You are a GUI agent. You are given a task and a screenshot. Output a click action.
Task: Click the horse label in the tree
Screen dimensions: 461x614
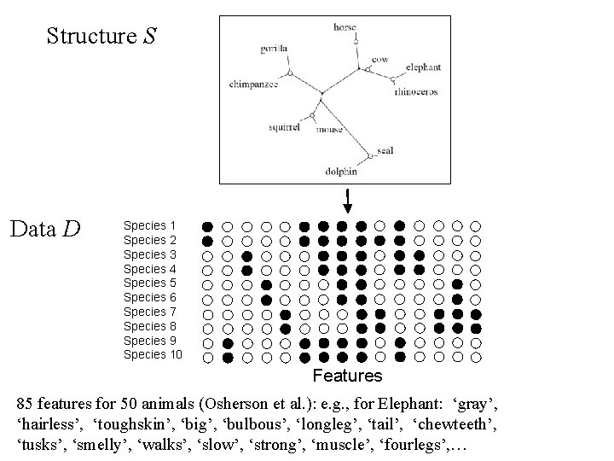click(345, 28)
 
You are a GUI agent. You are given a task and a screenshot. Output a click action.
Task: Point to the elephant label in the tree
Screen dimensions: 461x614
click(423, 67)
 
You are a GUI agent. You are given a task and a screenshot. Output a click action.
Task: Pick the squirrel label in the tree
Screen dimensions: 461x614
click(283, 126)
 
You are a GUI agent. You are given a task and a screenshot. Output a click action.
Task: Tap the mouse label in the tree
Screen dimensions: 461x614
click(330, 130)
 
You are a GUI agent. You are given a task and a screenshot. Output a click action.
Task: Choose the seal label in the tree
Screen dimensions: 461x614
click(385, 150)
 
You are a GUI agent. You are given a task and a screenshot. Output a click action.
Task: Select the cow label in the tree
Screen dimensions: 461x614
click(380, 59)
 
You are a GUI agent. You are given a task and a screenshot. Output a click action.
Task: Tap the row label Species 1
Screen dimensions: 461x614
click(149, 226)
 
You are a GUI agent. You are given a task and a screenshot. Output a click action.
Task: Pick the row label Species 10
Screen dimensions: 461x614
click(153, 354)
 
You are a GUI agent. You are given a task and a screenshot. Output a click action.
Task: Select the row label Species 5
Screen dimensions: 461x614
click(149, 283)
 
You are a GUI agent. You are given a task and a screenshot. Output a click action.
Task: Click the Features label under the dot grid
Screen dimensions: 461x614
click(347, 376)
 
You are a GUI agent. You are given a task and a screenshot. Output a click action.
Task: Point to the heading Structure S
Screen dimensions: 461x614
click(101, 37)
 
